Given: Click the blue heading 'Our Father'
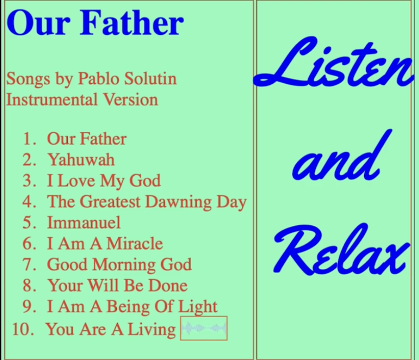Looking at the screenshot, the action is point(95,23).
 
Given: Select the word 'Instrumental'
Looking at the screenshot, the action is point(52,100).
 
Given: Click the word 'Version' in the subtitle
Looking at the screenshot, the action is point(131,100).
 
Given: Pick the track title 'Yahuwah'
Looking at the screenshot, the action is point(81,160).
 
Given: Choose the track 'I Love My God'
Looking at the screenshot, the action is point(104,181).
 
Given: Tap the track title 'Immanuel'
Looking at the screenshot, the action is point(84,223).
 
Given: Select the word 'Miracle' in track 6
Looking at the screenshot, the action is point(135,243).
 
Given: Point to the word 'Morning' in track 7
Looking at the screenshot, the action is point(124,265).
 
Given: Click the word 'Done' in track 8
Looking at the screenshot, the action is point(168,285).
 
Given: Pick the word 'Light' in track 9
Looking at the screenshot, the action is point(198,307).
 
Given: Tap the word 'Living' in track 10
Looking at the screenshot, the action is point(151,330).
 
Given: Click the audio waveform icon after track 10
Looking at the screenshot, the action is point(204,328).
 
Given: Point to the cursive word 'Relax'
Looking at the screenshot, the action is point(341,249).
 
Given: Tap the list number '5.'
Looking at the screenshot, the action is point(29,223).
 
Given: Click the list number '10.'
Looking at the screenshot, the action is point(23,329).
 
